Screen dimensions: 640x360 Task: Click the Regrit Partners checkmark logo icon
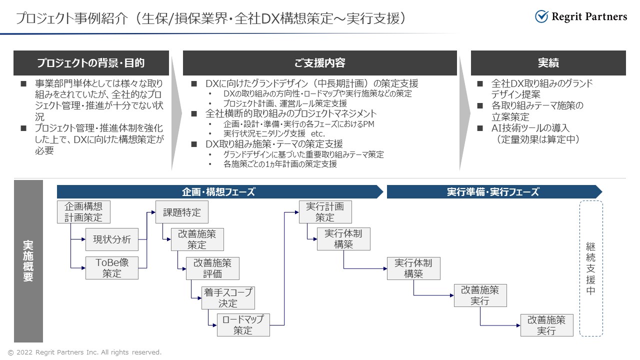(x=541, y=16)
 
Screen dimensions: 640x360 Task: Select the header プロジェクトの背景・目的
(x=91, y=63)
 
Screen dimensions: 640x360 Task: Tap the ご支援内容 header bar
(x=319, y=63)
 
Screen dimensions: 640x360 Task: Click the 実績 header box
(x=548, y=63)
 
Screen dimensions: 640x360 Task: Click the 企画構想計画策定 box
(x=83, y=212)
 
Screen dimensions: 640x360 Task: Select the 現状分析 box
(x=112, y=239)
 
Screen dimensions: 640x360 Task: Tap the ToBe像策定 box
(x=112, y=268)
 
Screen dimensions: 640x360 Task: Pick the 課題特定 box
(x=182, y=212)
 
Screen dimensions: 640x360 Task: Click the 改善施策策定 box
(x=197, y=239)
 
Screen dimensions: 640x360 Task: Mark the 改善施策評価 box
(x=212, y=268)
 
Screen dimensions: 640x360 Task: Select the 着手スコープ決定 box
(x=228, y=298)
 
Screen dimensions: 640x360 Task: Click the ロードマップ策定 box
(x=243, y=325)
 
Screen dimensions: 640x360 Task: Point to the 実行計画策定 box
(x=325, y=212)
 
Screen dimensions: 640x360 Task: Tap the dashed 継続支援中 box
(x=591, y=268)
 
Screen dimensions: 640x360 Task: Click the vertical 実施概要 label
(x=28, y=261)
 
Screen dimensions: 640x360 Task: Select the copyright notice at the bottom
(x=84, y=352)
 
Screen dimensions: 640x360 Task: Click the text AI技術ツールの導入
(x=530, y=128)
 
